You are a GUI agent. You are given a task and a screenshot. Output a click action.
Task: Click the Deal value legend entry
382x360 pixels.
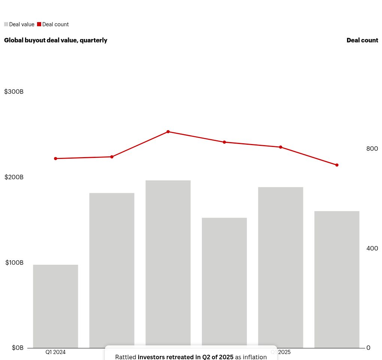point(19,24)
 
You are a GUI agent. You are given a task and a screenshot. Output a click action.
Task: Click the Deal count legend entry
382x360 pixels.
point(53,24)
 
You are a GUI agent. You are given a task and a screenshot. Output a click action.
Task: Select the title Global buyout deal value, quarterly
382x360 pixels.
point(55,40)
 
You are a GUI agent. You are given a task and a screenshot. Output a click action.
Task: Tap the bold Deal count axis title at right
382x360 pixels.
point(362,40)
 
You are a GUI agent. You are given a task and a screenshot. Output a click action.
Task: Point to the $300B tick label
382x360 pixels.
point(14,92)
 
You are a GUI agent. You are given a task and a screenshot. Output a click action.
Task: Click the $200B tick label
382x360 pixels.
point(14,177)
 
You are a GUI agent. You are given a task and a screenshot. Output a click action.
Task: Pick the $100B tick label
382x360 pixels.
point(14,263)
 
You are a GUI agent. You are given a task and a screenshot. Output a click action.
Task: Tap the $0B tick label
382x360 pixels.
point(18,348)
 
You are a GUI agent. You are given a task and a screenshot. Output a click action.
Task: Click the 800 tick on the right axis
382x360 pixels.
point(372,149)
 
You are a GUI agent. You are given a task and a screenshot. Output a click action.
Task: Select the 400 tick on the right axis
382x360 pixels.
point(372,249)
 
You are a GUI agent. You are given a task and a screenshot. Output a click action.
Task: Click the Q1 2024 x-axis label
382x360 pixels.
point(55,352)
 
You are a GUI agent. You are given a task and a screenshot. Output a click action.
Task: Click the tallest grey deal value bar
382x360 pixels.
point(168,262)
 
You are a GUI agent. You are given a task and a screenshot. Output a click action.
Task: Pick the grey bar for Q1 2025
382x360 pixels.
point(281,266)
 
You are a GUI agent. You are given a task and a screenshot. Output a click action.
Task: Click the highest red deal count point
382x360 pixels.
point(168,132)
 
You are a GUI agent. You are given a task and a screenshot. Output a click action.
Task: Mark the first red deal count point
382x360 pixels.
point(55,159)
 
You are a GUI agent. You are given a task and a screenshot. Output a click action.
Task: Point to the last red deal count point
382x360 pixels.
point(337,165)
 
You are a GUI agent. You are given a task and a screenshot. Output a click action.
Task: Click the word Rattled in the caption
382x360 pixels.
point(125,357)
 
